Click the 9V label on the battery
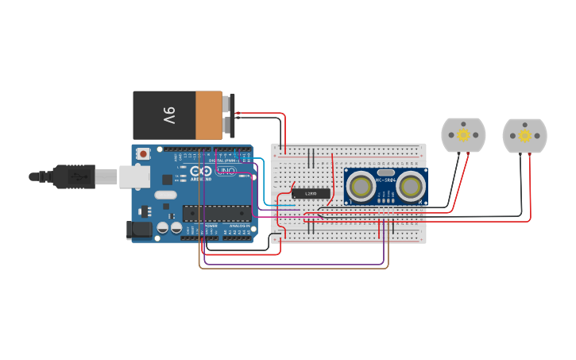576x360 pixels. pyautogui.click(x=168, y=115)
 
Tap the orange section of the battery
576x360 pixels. pyautogui.click(x=209, y=115)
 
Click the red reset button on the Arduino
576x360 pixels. pyautogui.click(x=143, y=153)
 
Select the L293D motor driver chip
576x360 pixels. pyautogui.click(x=311, y=193)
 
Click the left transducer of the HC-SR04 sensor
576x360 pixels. pyautogui.click(x=361, y=187)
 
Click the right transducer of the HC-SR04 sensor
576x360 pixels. pyautogui.click(x=411, y=187)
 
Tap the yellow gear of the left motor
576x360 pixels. pyautogui.click(x=463, y=135)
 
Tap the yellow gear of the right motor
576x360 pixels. pyautogui.click(x=524, y=136)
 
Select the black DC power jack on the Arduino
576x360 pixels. pyautogui.click(x=139, y=230)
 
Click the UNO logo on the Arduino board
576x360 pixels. pyautogui.click(x=226, y=171)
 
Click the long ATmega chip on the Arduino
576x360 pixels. pyautogui.click(x=216, y=213)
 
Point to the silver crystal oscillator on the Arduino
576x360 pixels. pyautogui.click(x=165, y=195)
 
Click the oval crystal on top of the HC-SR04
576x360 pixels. pyautogui.click(x=385, y=172)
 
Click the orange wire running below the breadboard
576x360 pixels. pyautogui.click(x=294, y=268)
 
